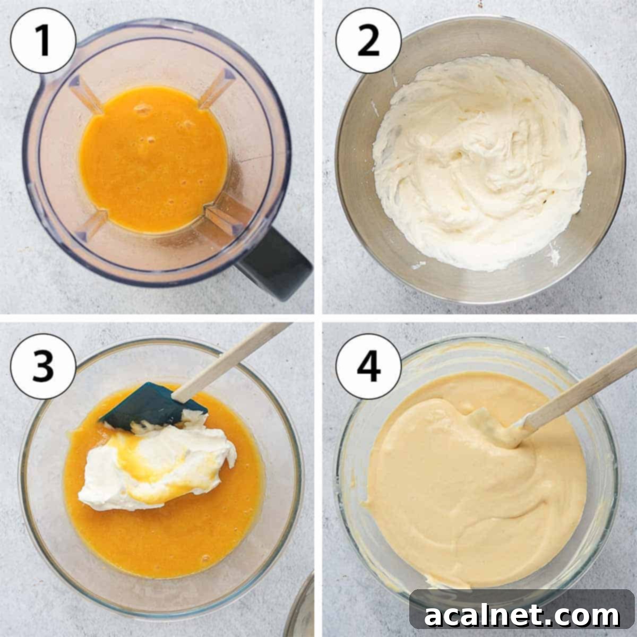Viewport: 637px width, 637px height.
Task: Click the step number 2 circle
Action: (368, 41)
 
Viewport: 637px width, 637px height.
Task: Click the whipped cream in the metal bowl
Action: (478, 159)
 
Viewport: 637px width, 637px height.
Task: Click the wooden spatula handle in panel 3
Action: (234, 361)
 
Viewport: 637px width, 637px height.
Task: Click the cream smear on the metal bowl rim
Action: (555, 257)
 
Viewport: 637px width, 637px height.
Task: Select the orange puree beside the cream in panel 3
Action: (159, 541)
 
